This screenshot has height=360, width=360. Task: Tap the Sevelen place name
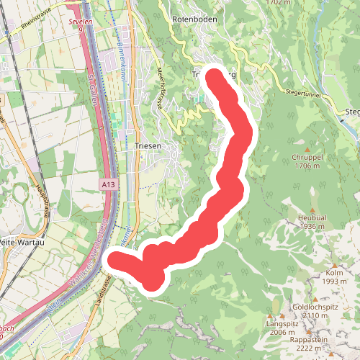(81, 22)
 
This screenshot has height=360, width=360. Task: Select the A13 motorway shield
(109, 185)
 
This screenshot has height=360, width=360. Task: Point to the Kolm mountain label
(334, 273)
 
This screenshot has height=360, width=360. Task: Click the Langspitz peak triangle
(271, 315)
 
